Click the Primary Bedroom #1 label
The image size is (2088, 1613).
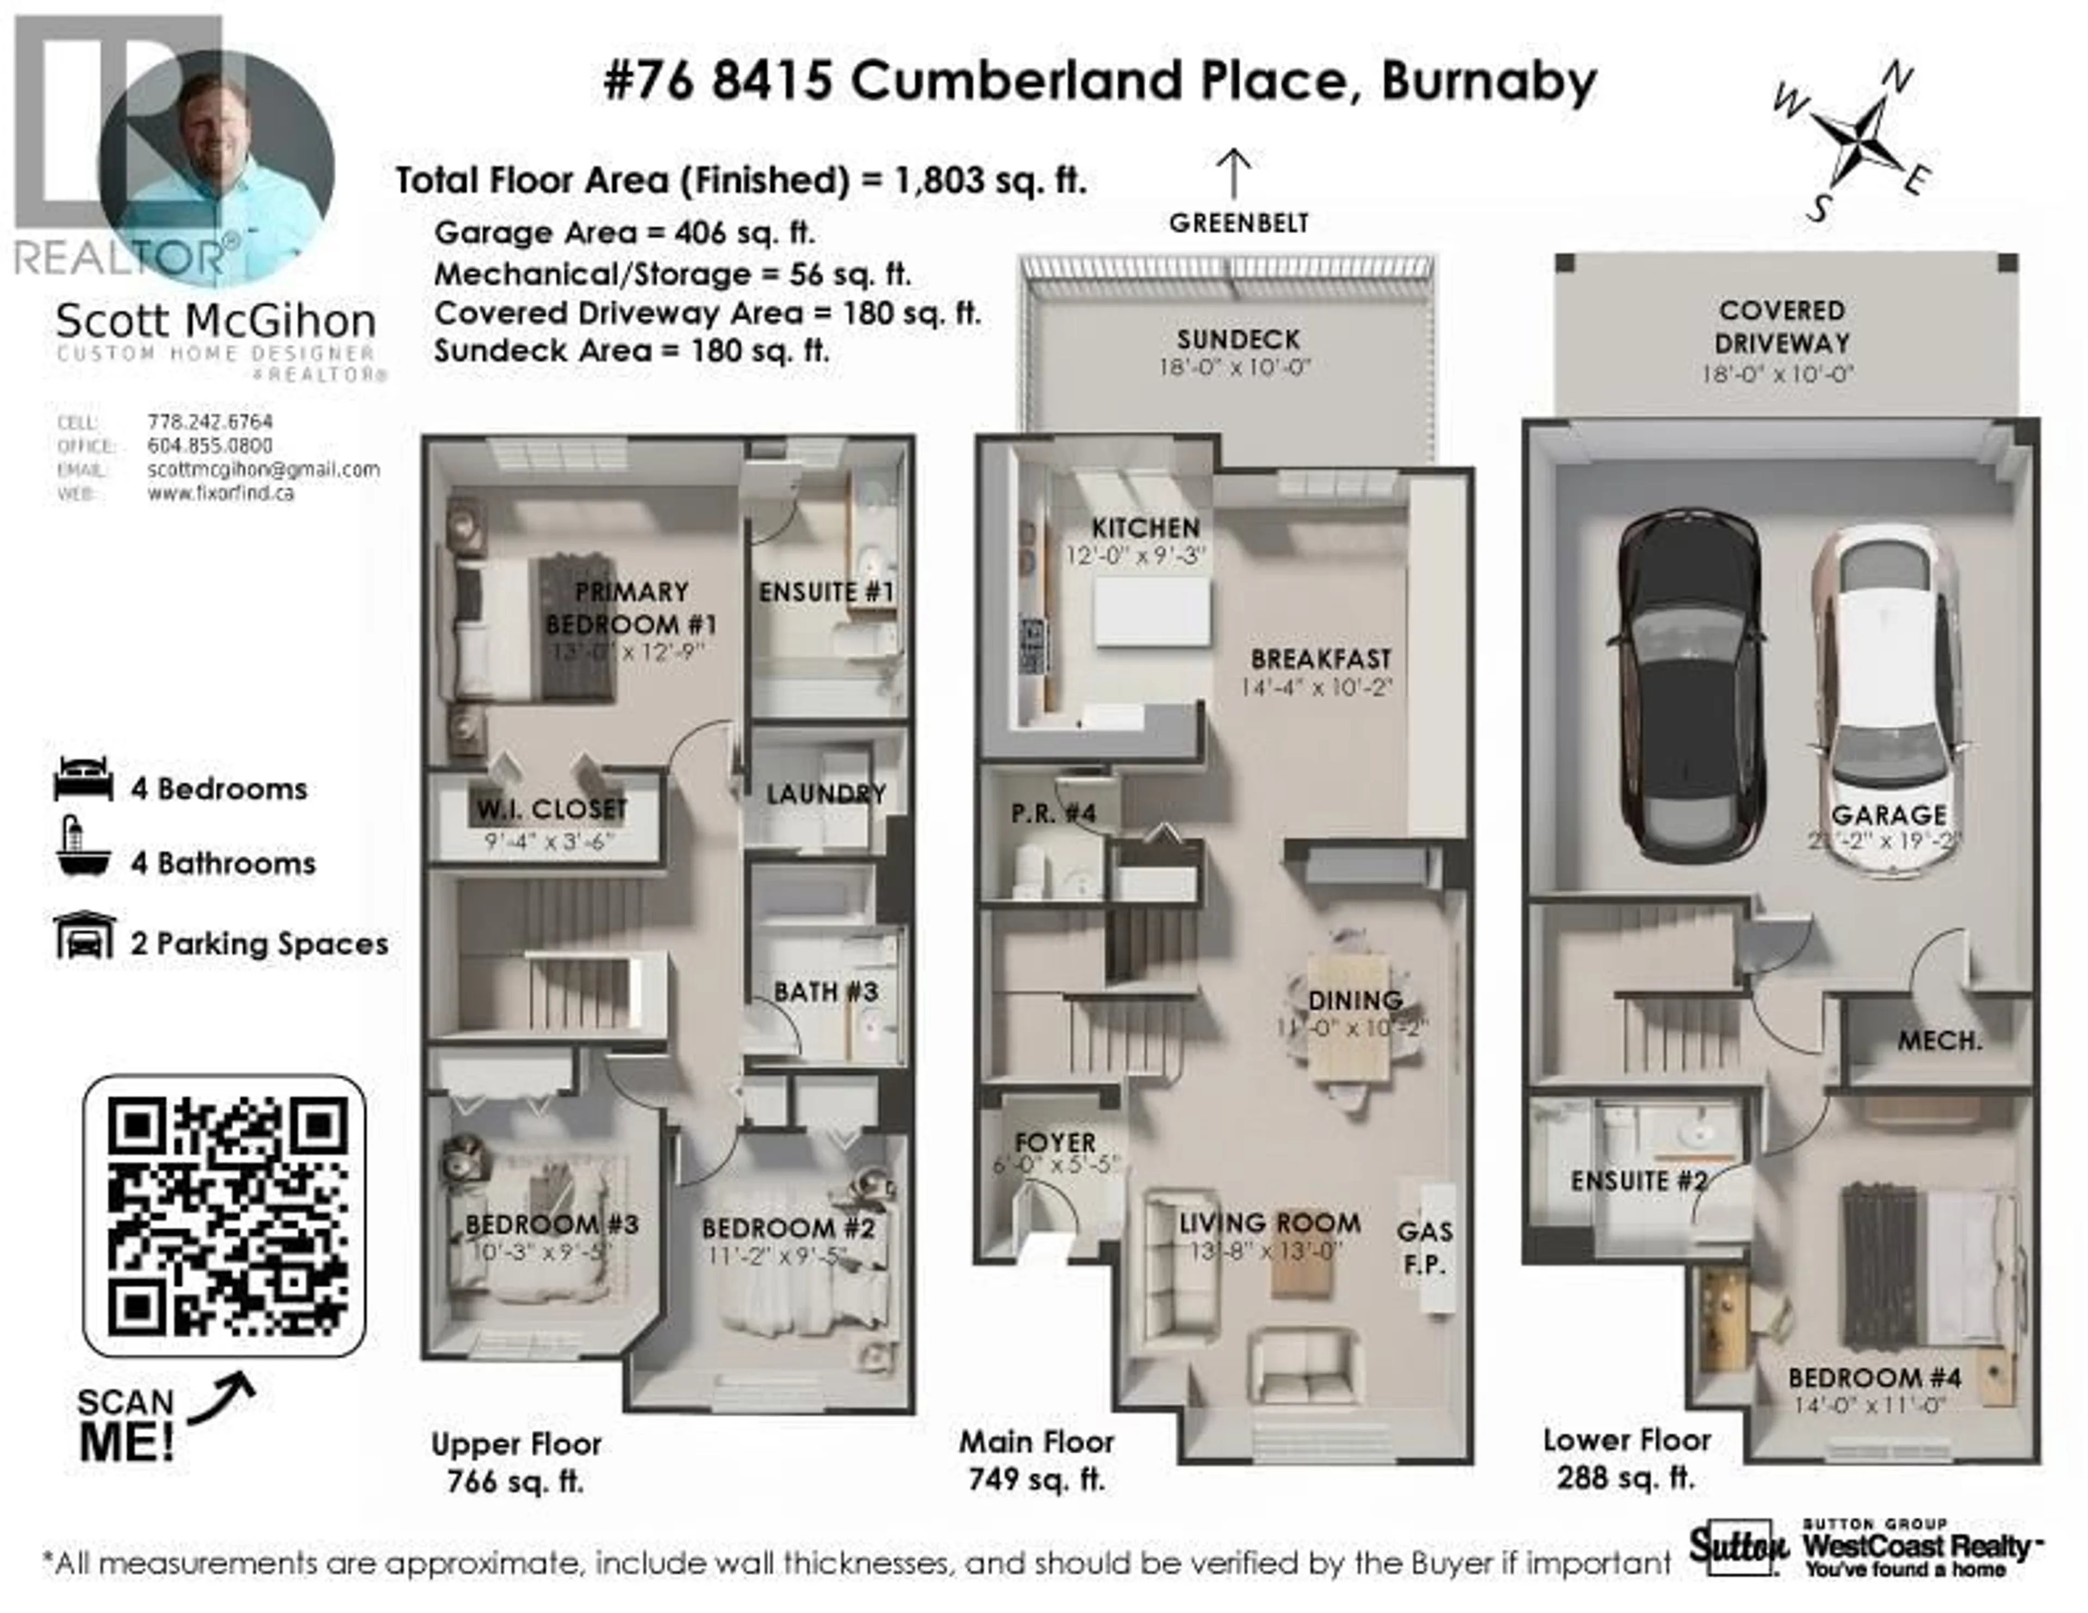click(x=631, y=608)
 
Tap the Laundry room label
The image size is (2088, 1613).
click(x=826, y=794)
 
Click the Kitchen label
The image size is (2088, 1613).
click(x=1145, y=528)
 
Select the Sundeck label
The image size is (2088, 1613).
click(x=1237, y=339)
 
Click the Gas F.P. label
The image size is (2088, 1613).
click(x=1425, y=1248)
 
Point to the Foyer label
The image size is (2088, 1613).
click(x=1055, y=1143)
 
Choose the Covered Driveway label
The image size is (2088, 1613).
click(x=1782, y=327)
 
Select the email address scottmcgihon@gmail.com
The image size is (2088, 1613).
click(x=264, y=470)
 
